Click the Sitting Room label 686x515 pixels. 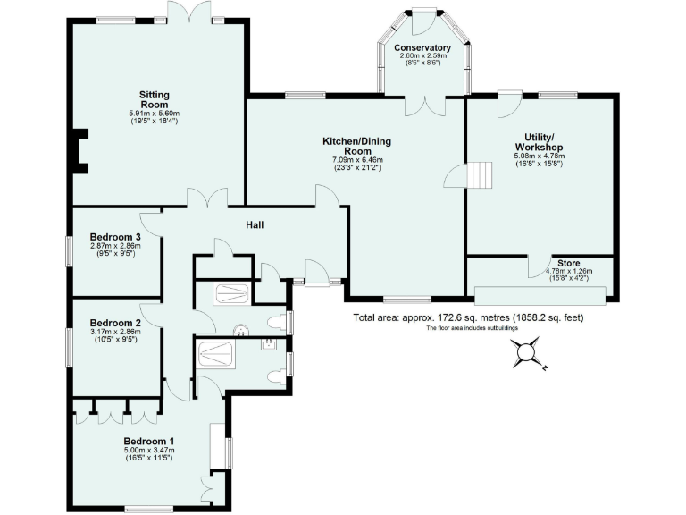tap(154, 98)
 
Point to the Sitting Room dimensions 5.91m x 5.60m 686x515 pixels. tap(154, 114)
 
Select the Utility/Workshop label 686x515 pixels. tap(538, 142)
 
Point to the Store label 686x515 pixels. tap(570, 264)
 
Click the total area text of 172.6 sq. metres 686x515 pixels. tap(467, 317)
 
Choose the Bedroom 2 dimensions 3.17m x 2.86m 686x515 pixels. tap(115, 332)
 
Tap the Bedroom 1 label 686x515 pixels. tap(148, 441)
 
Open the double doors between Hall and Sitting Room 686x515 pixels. tap(206, 198)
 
